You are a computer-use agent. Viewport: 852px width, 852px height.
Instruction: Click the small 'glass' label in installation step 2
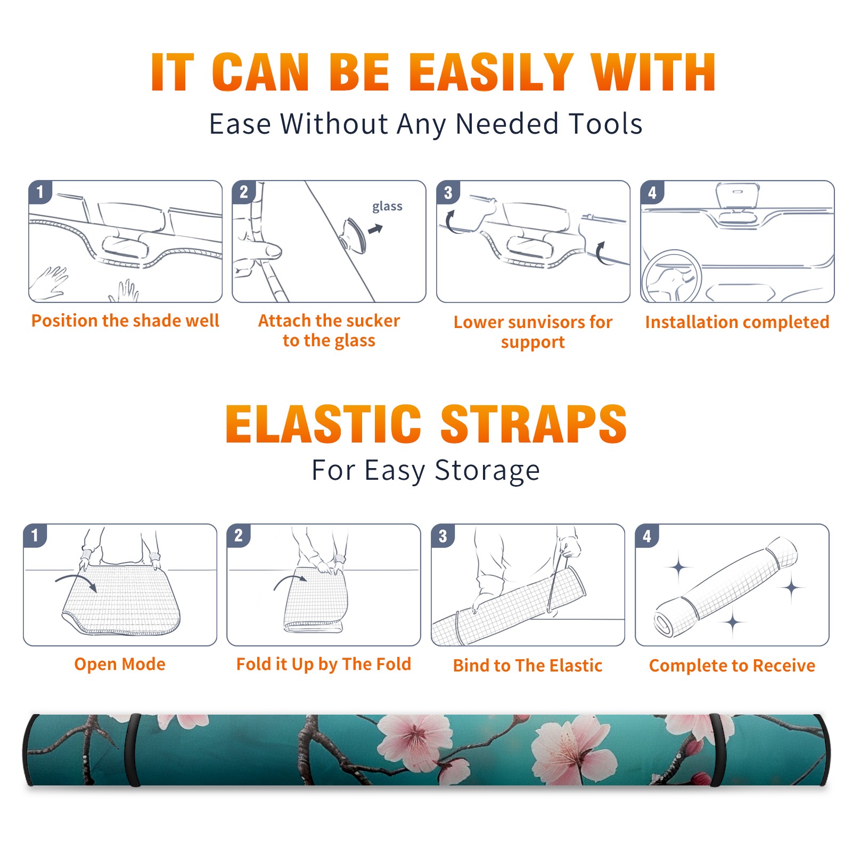pos(387,207)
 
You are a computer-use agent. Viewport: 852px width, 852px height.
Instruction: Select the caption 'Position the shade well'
pos(125,321)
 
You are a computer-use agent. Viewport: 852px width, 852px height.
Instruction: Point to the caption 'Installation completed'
pos(737,322)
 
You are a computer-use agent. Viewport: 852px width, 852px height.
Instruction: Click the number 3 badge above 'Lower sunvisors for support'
pos(448,193)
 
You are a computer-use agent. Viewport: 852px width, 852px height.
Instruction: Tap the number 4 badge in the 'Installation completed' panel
pos(652,193)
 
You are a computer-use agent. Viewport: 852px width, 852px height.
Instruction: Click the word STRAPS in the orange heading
pos(534,424)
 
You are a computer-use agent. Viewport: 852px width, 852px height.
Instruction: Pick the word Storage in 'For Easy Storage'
pos(487,471)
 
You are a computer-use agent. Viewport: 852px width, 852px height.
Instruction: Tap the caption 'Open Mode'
pos(120,664)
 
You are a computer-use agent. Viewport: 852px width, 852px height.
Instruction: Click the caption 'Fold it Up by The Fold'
pos(324,664)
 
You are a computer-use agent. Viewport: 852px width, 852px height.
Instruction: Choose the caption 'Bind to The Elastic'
pos(528,666)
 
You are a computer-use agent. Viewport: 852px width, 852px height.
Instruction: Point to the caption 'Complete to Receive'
pos(732,666)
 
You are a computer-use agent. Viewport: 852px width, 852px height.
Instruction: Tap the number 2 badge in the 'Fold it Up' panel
pos(239,536)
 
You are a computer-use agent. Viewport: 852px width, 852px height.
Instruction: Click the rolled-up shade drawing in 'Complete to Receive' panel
pos(725,587)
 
